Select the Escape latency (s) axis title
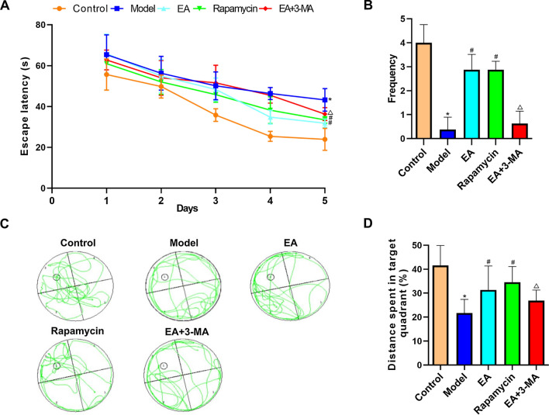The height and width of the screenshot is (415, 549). (12, 106)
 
